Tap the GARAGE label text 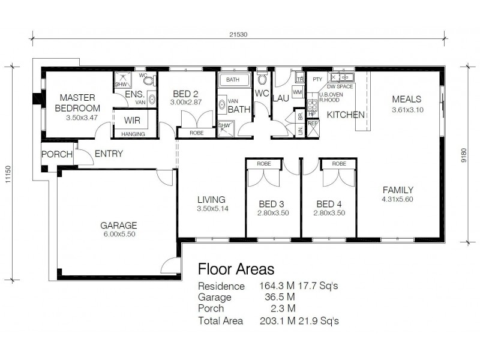point(118,226)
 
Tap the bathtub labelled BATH point(233,79)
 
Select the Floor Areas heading point(236,268)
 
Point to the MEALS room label point(407,99)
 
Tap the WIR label point(132,120)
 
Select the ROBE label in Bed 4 point(339,163)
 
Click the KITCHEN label point(346,114)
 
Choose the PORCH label point(56,155)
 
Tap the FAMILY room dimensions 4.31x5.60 point(397,199)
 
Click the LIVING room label point(211,199)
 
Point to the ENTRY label point(109,154)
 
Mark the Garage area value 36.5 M point(273,298)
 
